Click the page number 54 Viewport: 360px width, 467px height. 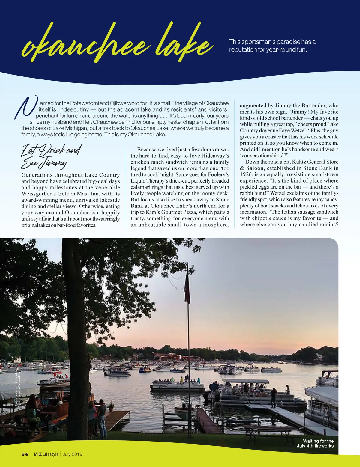[x=25, y=454]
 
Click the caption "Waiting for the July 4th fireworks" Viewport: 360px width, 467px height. [x=315, y=443]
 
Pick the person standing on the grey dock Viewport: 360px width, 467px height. [x=274, y=397]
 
